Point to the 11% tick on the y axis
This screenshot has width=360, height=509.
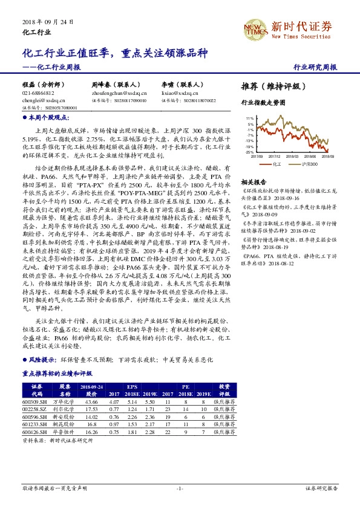pos(249,118)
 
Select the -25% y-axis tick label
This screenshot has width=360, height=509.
pos(249,153)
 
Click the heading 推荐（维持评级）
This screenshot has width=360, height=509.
pos(270,86)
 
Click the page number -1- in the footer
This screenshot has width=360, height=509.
pos(179,488)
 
